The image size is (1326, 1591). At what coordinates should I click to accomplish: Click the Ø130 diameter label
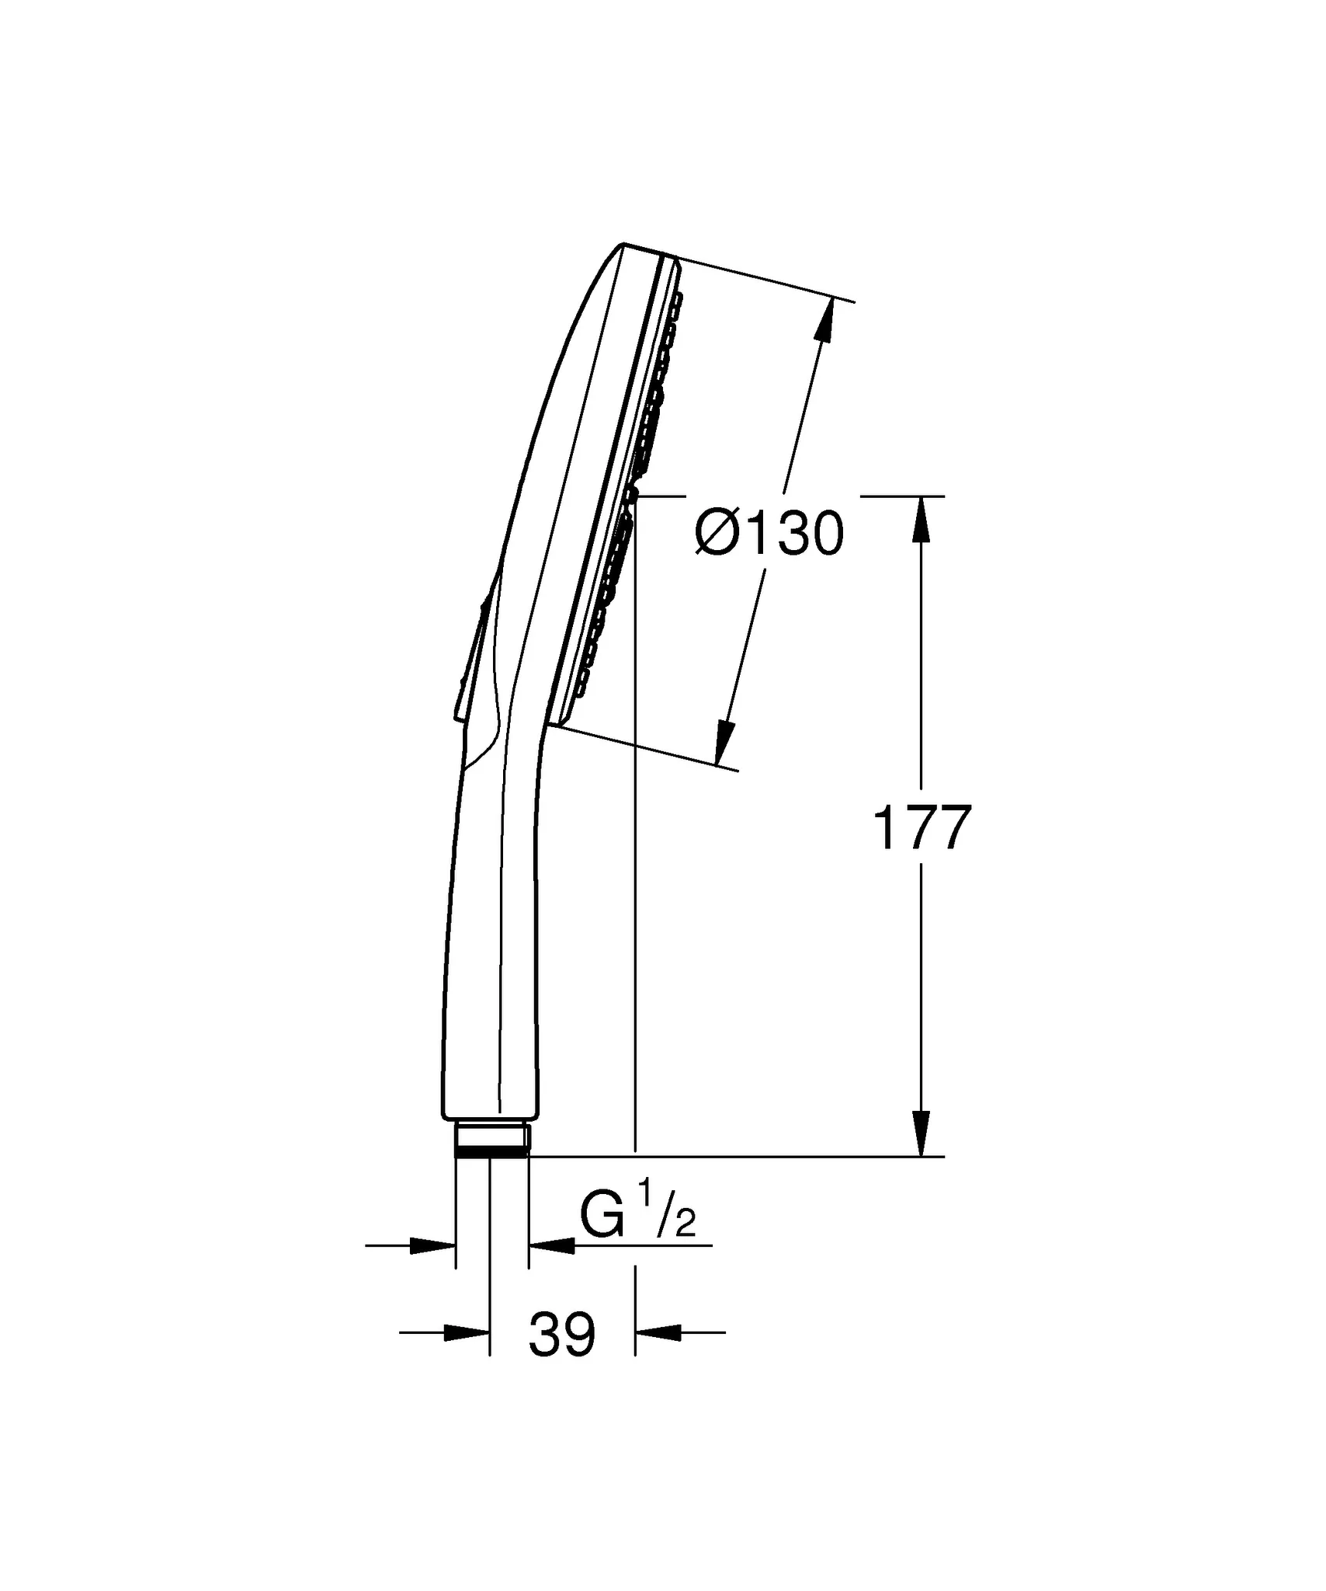pos(769,534)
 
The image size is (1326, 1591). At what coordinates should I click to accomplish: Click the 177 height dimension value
pos(922,829)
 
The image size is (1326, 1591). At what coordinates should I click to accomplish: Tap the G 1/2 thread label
pos(637,1219)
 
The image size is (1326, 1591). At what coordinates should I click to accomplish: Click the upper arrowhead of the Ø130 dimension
pos(826,319)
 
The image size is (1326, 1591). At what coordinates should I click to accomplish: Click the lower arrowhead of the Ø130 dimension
pos(724,743)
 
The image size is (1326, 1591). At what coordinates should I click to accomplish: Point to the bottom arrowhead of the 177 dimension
pos(922,1133)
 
